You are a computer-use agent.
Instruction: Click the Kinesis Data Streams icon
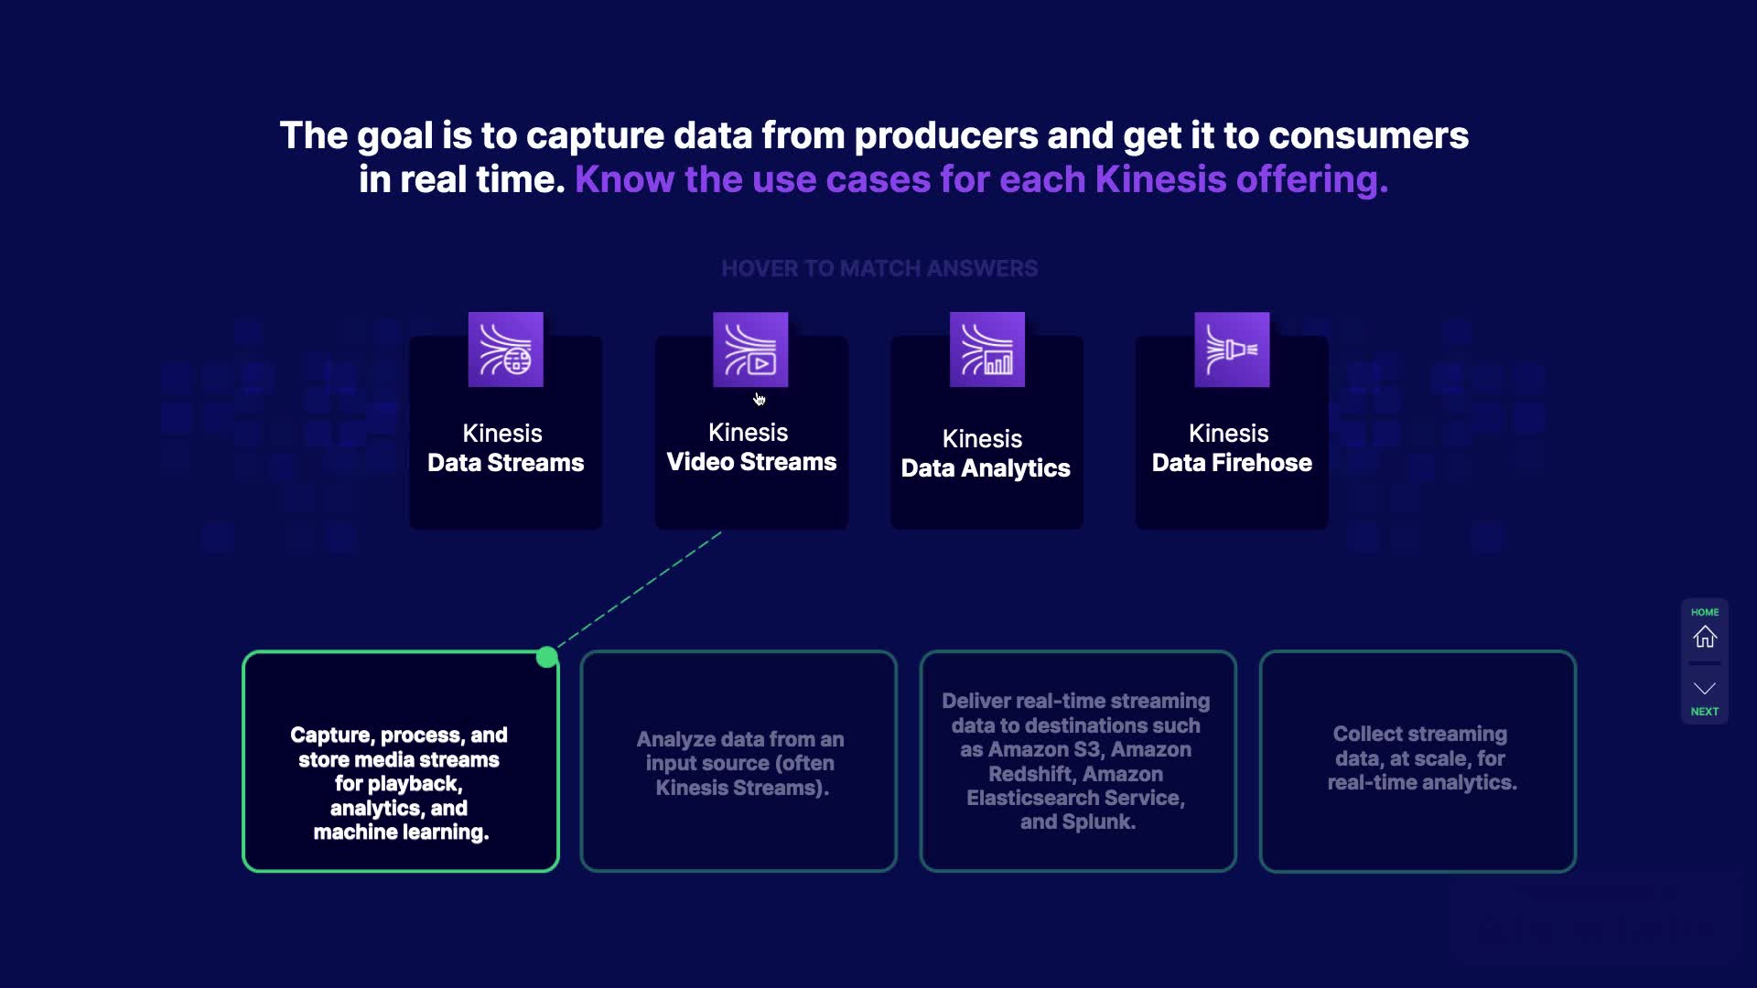(505, 349)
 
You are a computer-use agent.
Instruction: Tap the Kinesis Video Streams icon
(750, 349)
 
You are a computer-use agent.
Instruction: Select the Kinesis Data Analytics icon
(986, 349)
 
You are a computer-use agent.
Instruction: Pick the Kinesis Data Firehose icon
(1232, 349)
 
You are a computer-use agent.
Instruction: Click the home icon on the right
(1704, 637)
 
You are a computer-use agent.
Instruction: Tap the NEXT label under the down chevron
(1704, 712)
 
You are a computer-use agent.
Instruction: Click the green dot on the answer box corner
(546, 657)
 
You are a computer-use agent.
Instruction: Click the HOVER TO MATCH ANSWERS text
(878, 269)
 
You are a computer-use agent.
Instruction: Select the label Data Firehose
(1232, 463)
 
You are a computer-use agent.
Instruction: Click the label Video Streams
(751, 462)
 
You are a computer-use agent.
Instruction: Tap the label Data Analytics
(986, 468)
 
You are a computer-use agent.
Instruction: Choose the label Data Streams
(505, 463)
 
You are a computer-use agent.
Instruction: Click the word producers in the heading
(945, 136)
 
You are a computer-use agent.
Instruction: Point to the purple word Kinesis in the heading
(1159, 180)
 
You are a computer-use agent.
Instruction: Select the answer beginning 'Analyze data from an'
(739, 763)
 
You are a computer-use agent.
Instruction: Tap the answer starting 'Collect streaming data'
(1420, 758)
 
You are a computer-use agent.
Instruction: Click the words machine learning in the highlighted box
(400, 832)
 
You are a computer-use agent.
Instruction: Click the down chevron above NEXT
(1704, 688)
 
